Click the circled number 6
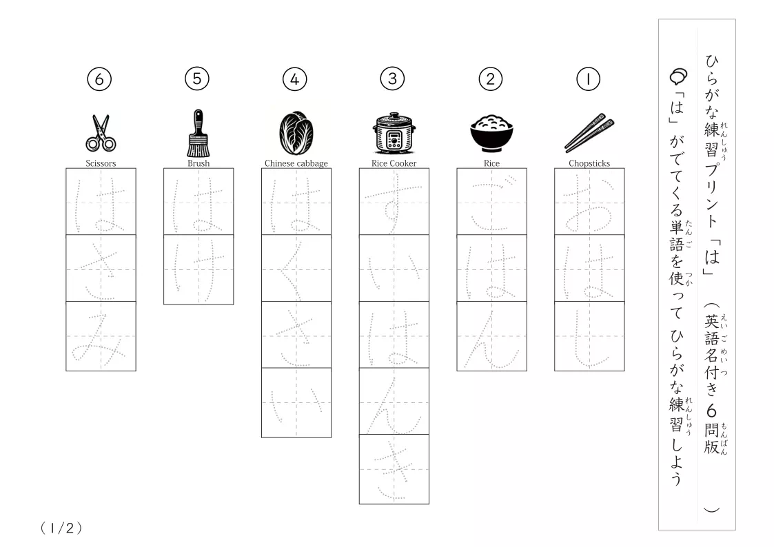point(99,79)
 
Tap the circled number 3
point(392,79)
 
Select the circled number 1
point(588,79)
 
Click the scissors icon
point(101,133)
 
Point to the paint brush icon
point(198,133)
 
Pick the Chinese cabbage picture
point(296,133)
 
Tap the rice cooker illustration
point(394,133)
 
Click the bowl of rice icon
point(491,133)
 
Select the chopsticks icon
point(589,133)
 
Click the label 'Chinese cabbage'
point(296,163)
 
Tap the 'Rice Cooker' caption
point(394,163)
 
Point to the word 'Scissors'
point(101,163)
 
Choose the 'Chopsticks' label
point(589,163)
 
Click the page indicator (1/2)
point(61,528)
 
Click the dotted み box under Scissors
point(101,336)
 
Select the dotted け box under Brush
point(198,270)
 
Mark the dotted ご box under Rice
point(491,202)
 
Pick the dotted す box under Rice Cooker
point(394,202)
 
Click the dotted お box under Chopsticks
point(589,202)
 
